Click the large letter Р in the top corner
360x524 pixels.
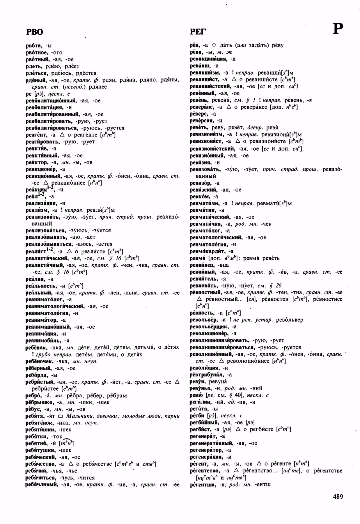coord(338,29)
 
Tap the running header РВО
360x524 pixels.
coord(34,32)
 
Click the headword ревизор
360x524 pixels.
coord(201,183)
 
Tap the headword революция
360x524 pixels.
coord(204,368)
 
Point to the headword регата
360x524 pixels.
coord(198,409)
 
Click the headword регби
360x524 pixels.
coord(196,416)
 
